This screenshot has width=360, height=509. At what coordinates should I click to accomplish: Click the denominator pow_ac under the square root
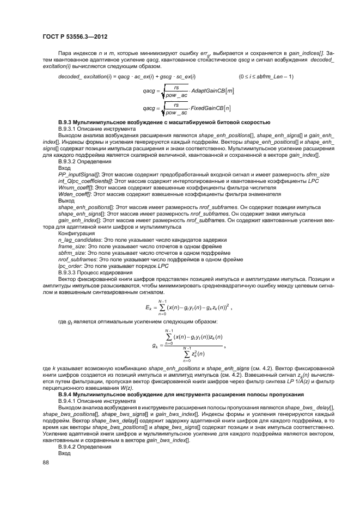(176, 95)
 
